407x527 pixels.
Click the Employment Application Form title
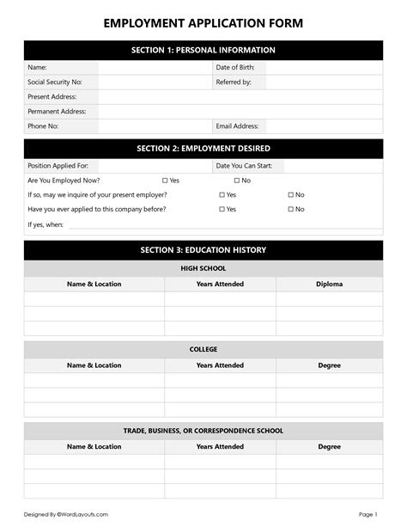[x=203, y=23]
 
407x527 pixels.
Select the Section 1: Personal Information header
[x=203, y=50]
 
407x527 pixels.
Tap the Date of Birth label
[x=235, y=67]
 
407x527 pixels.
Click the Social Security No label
[x=55, y=83]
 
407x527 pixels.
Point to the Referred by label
[x=234, y=83]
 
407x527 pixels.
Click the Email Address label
[x=237, y=126]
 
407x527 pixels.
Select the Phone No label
[x=43, y=126]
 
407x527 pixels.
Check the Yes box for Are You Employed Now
[x=165, y=181]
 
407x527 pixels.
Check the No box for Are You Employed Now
[x=237, y=181]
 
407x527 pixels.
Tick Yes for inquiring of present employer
[x=222, y=195]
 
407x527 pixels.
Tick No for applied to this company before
[x=290, y=209]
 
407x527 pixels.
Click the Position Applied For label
[x=58, y=166]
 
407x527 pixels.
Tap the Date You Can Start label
[x=246, y=166]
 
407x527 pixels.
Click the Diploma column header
[x=329, y=284]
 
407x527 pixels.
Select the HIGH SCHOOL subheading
[x=203, y=268]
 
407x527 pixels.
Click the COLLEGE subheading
[x=203, y=350]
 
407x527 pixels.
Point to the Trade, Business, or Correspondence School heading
[x=203, y=431]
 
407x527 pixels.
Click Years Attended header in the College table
[x=220, y=365]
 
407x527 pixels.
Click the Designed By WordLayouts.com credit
[x=65, y=514]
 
